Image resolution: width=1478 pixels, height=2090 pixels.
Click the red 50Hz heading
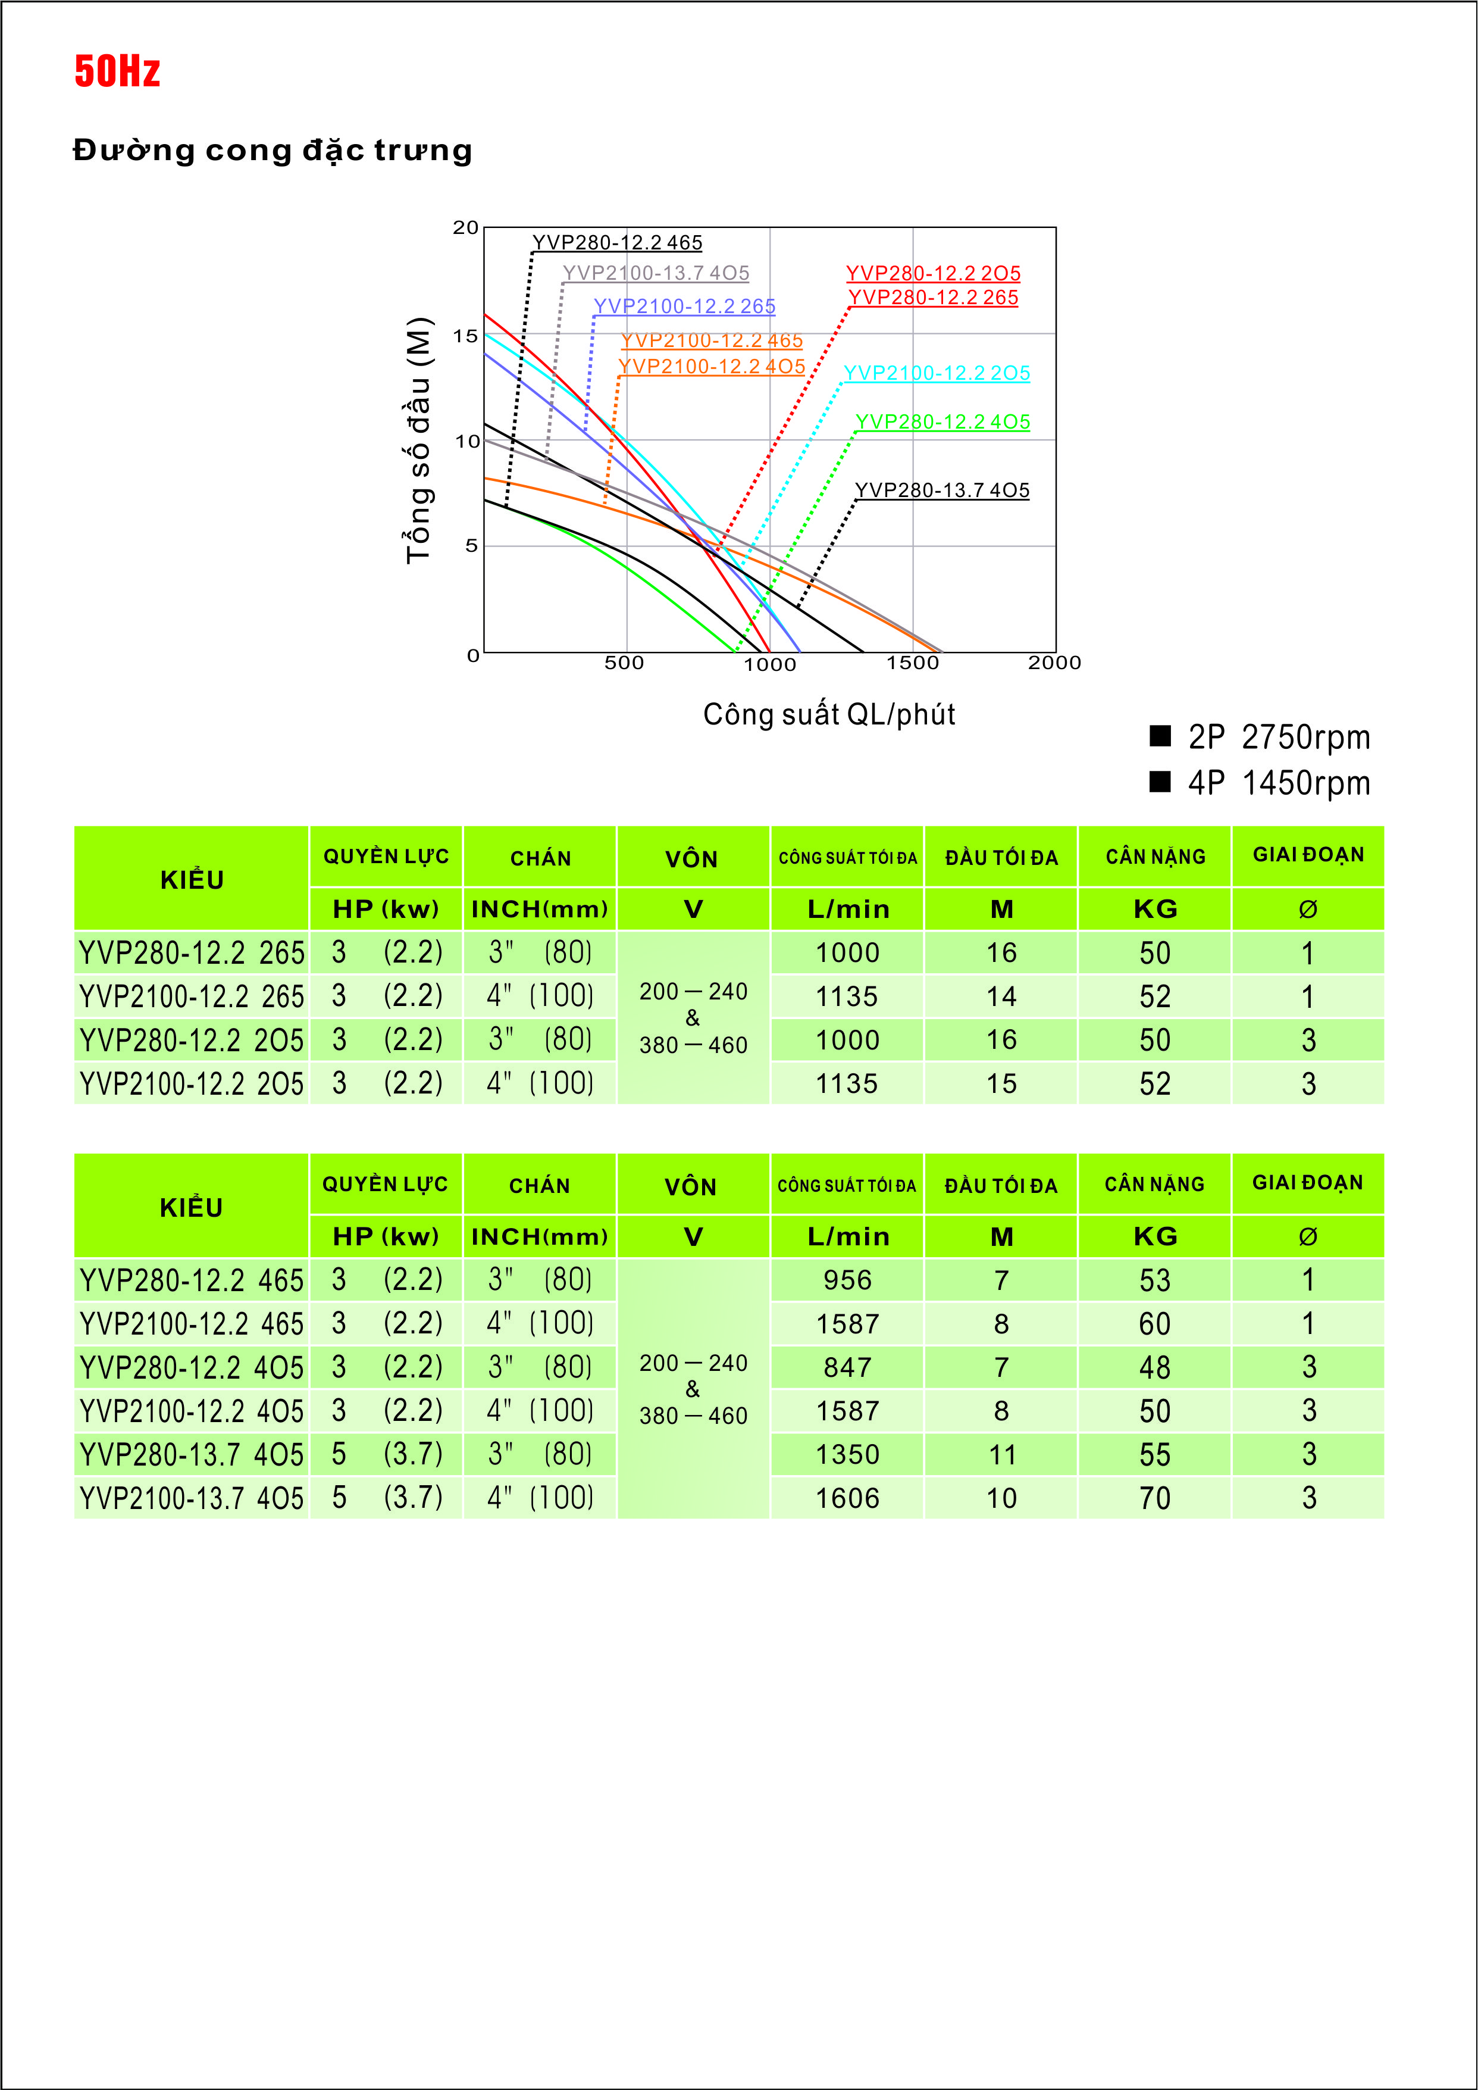[117, 71]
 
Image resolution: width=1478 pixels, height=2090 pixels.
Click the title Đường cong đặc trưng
[272, 150]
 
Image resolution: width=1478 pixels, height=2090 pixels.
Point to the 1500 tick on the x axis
[912, 663]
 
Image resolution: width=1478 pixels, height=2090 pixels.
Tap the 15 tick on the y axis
[466, 336]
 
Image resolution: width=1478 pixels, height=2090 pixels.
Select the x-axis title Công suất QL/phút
[828, 714]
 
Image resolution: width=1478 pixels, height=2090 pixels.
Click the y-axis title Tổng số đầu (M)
[419, 441]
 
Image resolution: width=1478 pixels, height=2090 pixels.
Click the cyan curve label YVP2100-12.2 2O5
[937, 373]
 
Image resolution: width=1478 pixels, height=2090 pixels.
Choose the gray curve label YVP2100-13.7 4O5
[656, 273]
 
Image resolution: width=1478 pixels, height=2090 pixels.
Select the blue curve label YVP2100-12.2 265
[684, 306]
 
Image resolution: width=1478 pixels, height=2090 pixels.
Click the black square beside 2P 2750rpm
[1160, 736]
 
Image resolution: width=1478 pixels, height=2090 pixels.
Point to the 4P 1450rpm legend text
[1279, 783]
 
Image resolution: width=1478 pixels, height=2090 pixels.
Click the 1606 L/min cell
[847, 1498]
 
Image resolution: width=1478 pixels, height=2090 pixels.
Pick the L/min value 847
[847, 1367]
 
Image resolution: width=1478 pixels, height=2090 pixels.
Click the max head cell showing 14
[1001, 996]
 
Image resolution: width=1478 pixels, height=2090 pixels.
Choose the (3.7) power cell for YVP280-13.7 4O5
[412, 1454]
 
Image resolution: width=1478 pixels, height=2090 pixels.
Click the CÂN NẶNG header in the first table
[1155, 857]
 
